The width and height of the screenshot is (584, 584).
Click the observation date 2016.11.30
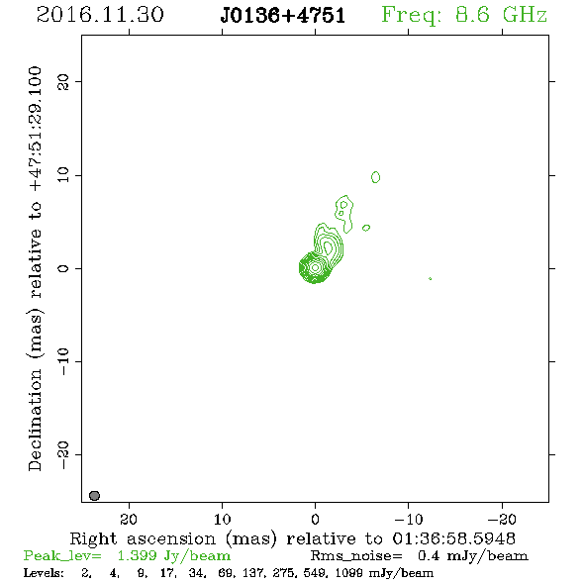tap(100, 15)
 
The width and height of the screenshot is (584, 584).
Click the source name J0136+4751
tap(283, 16)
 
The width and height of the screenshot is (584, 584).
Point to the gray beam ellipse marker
tap(95, 495)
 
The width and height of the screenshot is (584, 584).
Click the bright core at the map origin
tap(315, 267)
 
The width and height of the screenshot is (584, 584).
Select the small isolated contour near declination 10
tap(375, 177)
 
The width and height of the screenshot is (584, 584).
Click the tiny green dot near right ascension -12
tap(431, 278)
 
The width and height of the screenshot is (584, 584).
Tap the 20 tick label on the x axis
tap(129, 519)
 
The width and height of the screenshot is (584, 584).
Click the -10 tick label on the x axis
tap(409, 519)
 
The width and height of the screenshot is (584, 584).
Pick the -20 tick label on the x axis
tap(502, 519)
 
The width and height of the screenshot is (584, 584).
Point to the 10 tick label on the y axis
tap(63, 175)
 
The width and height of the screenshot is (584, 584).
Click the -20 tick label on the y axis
tap(63, 454)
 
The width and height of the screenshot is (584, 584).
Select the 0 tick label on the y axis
tap(63, 268)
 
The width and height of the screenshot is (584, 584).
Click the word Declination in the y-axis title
tap(35, 421)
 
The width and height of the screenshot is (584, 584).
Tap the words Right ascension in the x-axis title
tap(143, 538)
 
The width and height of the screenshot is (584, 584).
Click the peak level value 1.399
tap(137, 555)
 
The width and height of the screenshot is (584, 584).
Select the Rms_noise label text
tap(356, 556)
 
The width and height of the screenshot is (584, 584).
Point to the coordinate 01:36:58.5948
tap(454, 538)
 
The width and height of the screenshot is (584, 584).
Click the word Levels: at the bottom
tap(44, 573)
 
